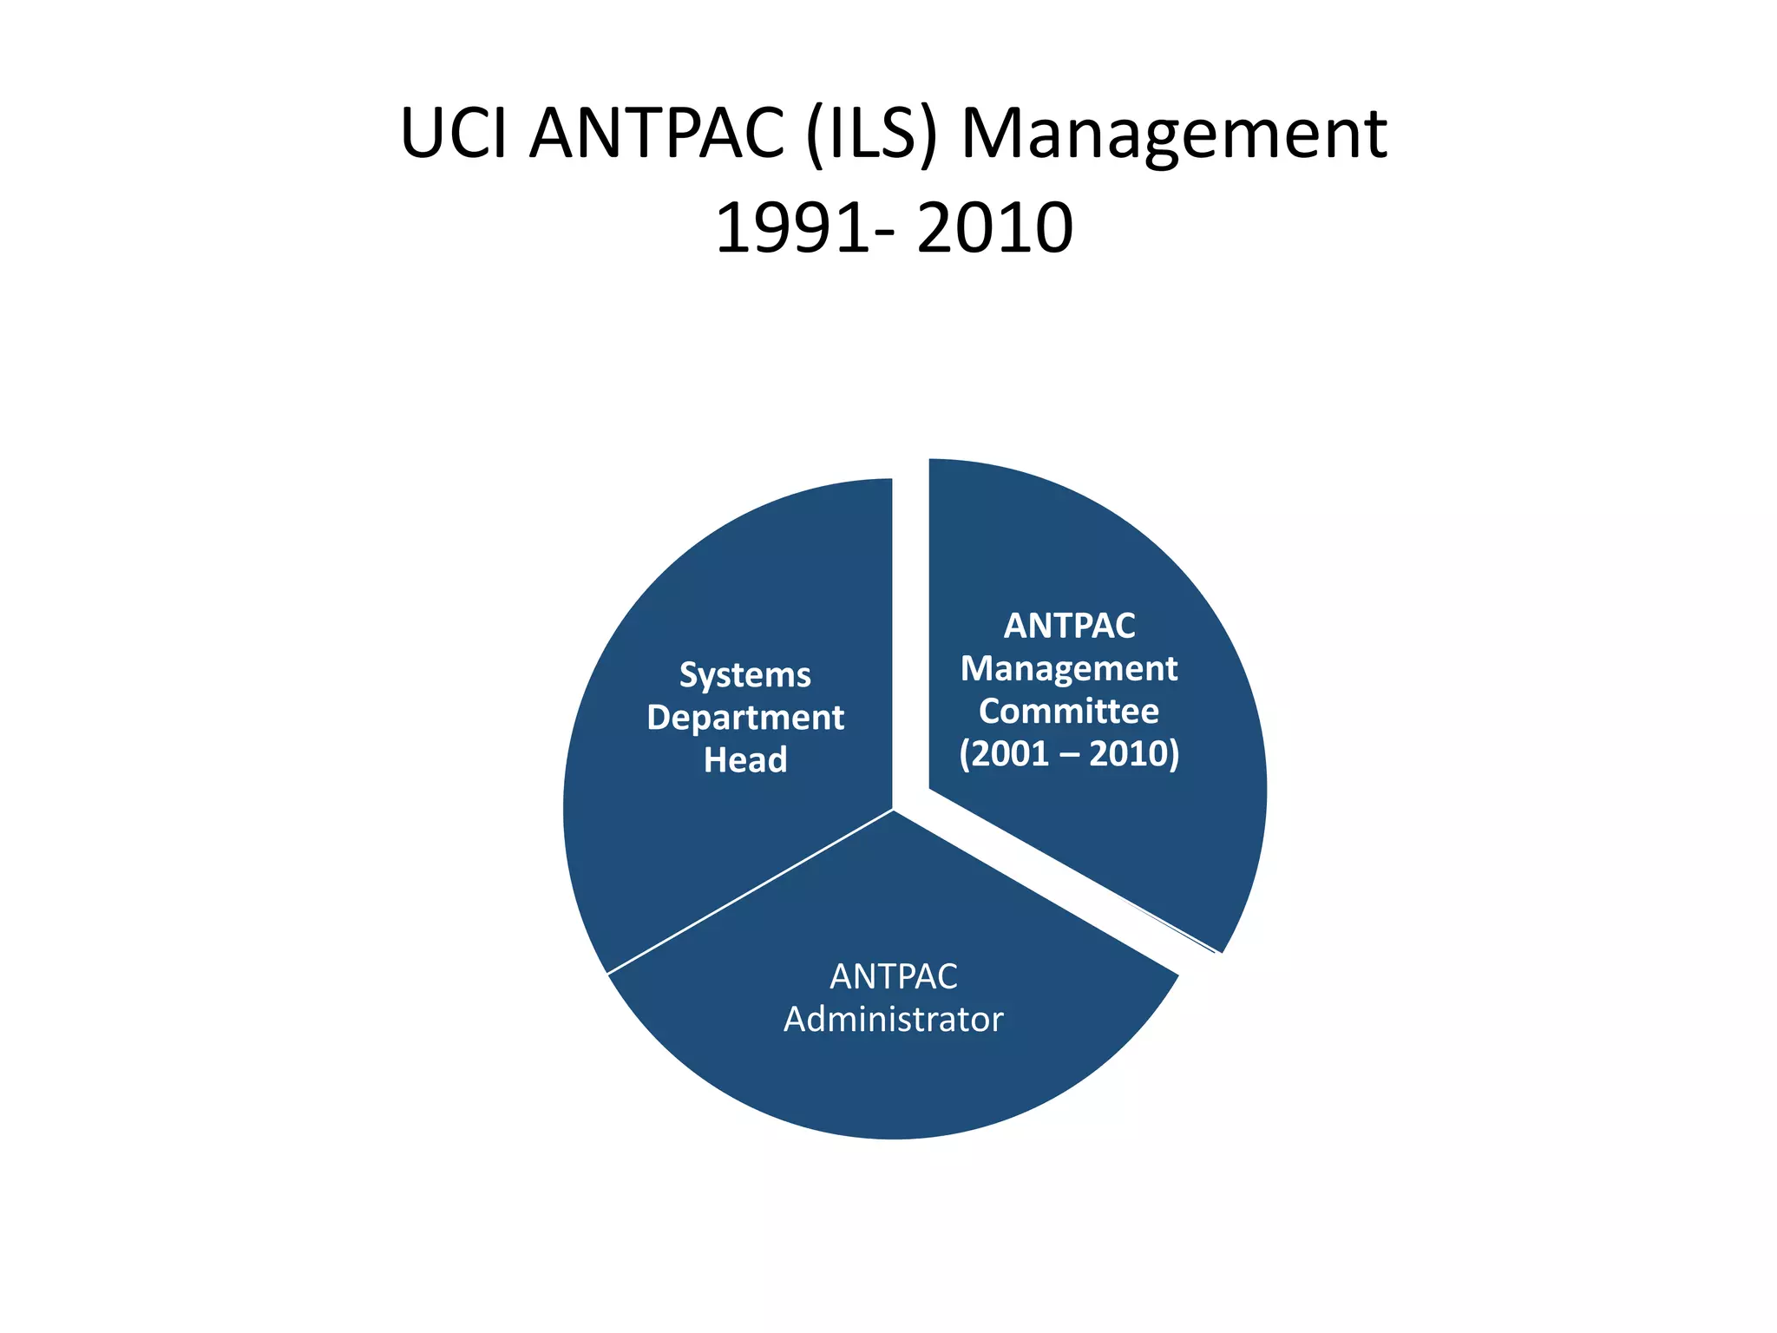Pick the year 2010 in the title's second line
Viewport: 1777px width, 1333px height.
[994, 228]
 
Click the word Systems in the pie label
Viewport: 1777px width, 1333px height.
[744, 675]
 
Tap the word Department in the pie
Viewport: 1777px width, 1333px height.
[744, 718]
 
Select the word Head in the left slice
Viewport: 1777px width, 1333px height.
[744, 760]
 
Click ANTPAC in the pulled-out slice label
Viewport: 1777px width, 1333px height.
[1069, 626]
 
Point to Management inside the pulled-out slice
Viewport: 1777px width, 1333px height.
[1069, 668]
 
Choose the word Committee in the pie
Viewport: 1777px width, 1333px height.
[1069, 711]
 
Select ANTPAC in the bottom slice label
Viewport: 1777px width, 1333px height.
[893, 977]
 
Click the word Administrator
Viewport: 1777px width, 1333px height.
[893, 1020]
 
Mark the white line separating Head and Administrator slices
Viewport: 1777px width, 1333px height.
[751, 891]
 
